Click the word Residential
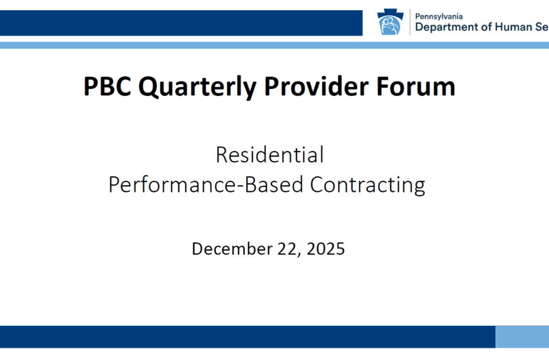pos(269,155)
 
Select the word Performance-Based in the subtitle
pos(206,185)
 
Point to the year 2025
pos(326,249)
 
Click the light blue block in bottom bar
pos(522,337)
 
